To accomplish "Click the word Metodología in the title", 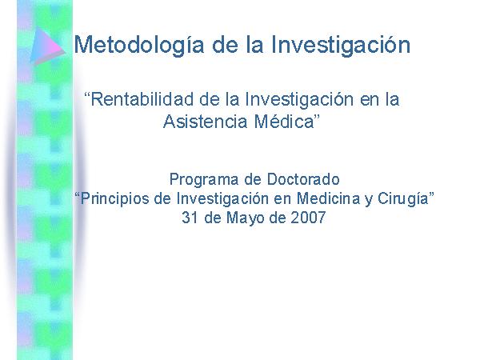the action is click(x=139, y=46).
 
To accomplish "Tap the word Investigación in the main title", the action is click(x=341, y=46).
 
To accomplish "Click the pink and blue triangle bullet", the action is click(x=47, y=46).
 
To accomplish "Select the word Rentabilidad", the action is click(x=142, y=99).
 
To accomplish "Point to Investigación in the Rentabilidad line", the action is click(x=300, y=100).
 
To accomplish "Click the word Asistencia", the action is click(x=205, y=122).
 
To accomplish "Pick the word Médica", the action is click(x=284, y=122).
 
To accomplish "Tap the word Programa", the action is click(x=204, y=180).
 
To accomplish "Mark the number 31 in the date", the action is click(x=190, y=218).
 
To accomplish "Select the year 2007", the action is click(x=308, y=218).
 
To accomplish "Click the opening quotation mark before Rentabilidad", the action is click(x=87, y=94).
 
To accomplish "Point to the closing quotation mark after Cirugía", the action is click(x=431, y=194).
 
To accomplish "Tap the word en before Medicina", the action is click(x=282, y=200).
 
